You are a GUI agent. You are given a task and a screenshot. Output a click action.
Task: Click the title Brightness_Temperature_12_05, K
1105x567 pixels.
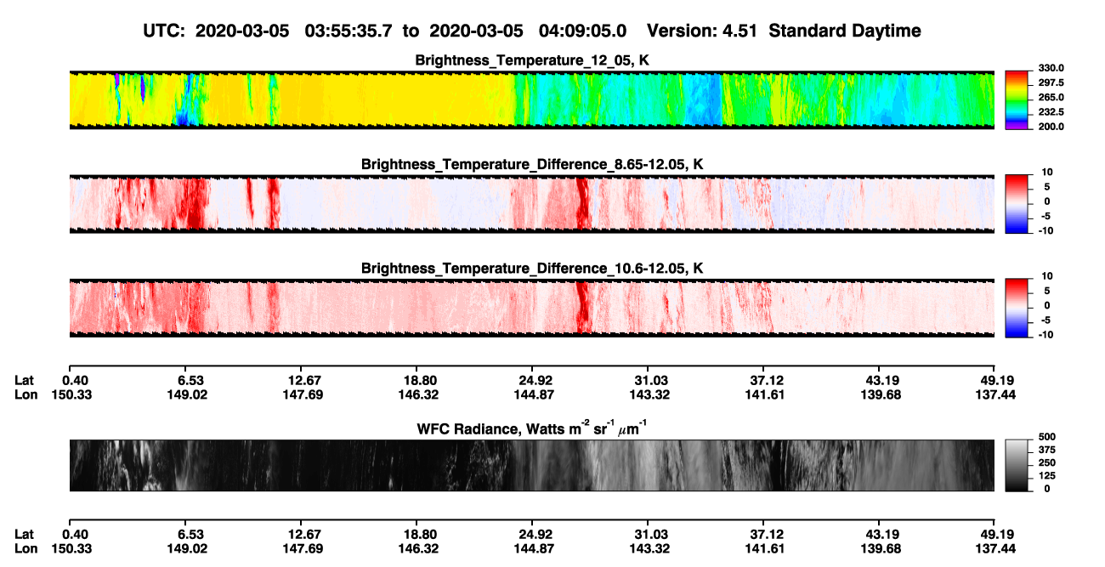click(x=532, y=60)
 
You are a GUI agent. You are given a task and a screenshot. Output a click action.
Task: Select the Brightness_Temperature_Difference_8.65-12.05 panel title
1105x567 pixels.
click(x=532, y=164)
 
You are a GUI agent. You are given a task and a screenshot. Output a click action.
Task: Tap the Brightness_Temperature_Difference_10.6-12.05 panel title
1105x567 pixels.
click(x=532, y=269)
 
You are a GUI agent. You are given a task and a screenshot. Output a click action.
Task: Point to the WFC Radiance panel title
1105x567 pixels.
click(x=532, y=428)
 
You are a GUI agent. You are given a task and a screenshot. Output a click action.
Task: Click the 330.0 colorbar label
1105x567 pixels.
click(x=1051, y=68)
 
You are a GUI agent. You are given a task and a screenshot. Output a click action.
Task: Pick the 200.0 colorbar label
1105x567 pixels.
click(x=1051, y=127)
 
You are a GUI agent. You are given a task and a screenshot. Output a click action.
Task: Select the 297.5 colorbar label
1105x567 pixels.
click(x=1051, y=82)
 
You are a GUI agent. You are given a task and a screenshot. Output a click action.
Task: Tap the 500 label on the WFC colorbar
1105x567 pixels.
click(x=1047, y=437)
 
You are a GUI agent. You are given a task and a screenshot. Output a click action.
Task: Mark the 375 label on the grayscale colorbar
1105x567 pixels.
click(x=1047, y=450)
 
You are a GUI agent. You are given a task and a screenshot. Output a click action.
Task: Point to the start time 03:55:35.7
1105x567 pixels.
click(x=348, y=31)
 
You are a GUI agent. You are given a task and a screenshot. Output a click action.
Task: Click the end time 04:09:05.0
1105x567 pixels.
click(x=582, y=31)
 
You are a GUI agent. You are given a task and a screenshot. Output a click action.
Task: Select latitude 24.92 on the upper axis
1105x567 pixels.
click(x=535, y=381)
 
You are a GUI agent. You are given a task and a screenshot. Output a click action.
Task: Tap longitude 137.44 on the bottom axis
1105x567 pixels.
click(x=995, y=549)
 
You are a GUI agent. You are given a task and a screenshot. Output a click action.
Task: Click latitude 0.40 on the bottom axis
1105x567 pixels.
click(x=75, y=535)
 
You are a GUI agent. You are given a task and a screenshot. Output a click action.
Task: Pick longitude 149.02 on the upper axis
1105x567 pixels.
click(x=187, y=394)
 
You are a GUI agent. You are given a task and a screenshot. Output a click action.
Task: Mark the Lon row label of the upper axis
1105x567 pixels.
click(x=26, y=394)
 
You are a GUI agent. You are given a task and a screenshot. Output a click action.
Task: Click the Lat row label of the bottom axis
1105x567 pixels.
click(x=24, y=535)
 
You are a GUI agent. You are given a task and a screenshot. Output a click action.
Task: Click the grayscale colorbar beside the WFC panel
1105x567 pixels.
click(x=1017, y=465)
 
